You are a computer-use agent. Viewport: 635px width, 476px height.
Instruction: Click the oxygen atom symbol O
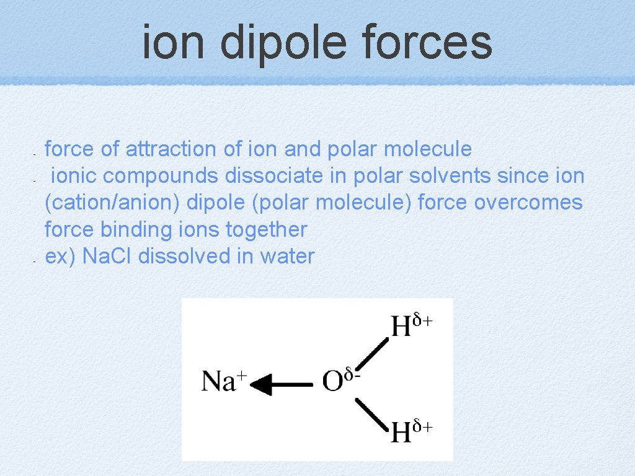tap(333, 382)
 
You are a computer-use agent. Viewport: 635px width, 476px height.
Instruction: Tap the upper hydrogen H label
tap(401, 327)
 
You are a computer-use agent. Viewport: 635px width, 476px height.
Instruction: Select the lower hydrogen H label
tap(401, 433)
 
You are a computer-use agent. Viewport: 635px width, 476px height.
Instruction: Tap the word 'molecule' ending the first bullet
tap(428, 149)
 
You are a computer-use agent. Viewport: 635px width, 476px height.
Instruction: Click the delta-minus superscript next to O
tap(353, 374)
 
